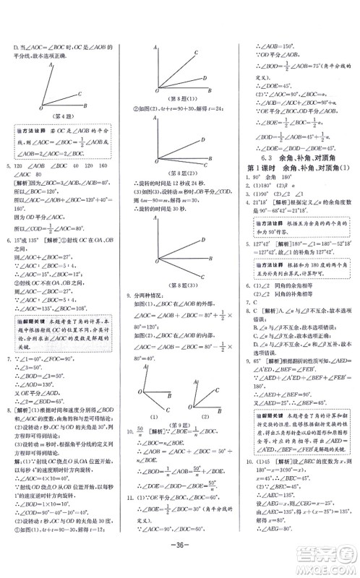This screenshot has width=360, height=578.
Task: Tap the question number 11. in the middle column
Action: coord(130,498)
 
